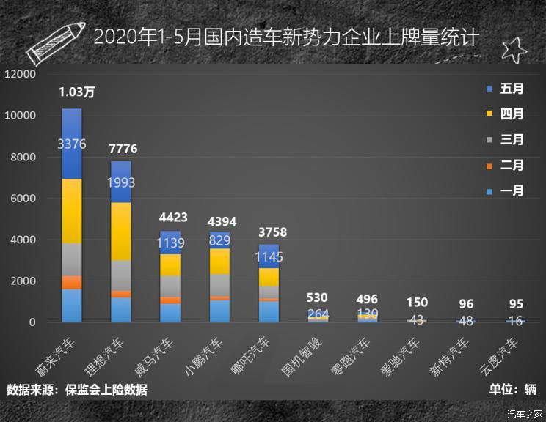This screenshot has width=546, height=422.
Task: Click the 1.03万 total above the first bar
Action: (77, 92)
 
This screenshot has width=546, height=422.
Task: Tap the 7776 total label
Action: (123, 149)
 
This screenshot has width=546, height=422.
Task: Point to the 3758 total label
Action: (272, 233)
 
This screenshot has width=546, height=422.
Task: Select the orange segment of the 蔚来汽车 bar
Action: (72, 282)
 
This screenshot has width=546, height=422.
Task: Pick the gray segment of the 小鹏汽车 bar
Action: (220, 284)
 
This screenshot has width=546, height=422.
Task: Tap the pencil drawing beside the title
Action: (54, 40)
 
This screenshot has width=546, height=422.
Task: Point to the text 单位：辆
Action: (511, 390)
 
